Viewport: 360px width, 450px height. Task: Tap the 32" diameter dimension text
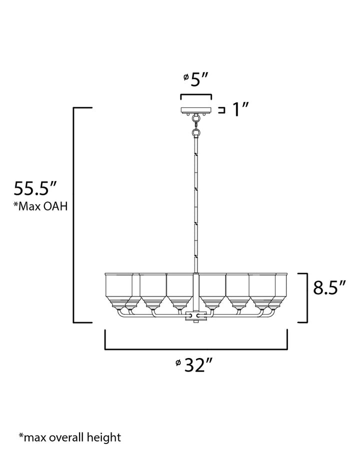tap(198, 365)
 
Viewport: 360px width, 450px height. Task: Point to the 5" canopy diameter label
tap(198, 79)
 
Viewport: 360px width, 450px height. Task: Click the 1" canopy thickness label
tap(240, 109)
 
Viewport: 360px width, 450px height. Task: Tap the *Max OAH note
tap(40, 206)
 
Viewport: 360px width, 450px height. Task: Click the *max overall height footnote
tap(70, 437)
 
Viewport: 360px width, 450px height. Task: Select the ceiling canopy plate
tap(196, 110)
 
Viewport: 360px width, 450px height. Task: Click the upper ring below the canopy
tap(196, 117)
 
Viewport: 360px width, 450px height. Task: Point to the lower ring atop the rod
tap(196, 133)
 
